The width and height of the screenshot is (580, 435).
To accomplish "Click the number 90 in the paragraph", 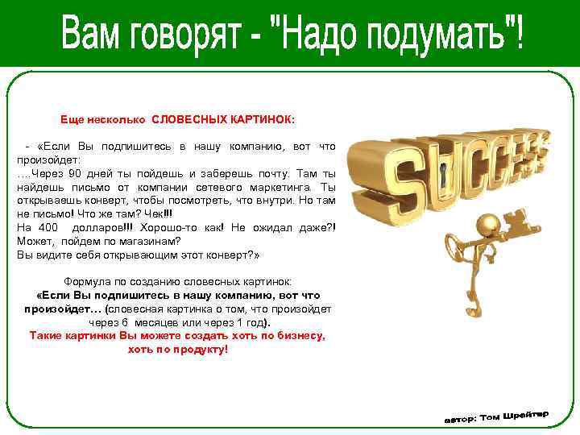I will (x=73, y=173).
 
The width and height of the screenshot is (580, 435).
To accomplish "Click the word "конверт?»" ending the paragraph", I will (x=233, y=255).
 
